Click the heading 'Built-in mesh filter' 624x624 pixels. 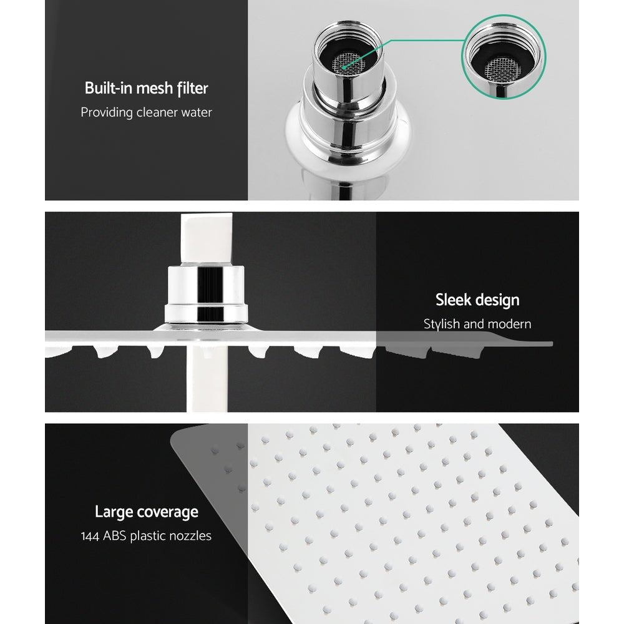(146, 88)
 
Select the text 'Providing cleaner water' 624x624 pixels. (146, 112)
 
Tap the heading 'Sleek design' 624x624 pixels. (477, 300)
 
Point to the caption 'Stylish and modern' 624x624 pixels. (477, 324)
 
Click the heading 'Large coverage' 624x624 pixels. (146, 512)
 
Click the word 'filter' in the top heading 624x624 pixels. (192, 88)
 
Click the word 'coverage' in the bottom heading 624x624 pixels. (165, 512)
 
